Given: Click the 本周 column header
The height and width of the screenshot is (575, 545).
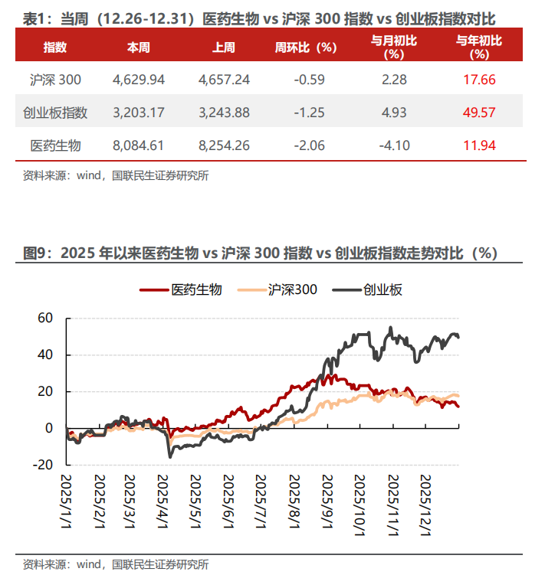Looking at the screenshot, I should pyautogui.click(x=139, y=47).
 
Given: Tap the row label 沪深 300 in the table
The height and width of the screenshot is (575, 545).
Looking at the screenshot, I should pyautogui.click(x=55, y=79).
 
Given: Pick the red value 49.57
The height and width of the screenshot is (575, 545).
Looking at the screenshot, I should pyautogui.click(x=480, y=113).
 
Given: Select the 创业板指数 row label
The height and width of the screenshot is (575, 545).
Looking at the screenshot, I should pyautogui.click(x=55, y=113).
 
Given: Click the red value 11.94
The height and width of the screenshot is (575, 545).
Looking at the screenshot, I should pyautogui.click(x=480, y=145).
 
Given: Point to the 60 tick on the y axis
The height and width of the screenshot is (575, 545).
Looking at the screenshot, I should pyautogui.click(x=45, y=318).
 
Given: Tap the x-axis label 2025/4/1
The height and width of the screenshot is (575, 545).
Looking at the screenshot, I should pyautogui.click(x=164, y=498).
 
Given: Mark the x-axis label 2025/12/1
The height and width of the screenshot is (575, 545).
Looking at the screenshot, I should pyautogui.click(x=426, y=498).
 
